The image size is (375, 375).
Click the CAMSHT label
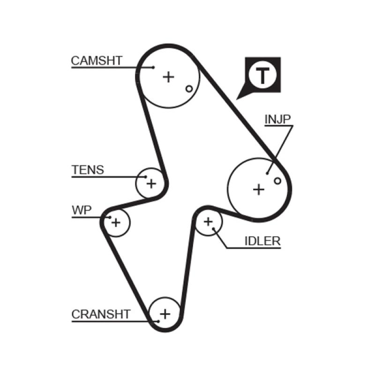[x=97, y=60]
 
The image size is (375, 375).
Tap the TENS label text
[x=88, y=170]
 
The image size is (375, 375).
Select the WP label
[x=82, y=210]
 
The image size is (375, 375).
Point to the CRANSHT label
[x=101, y=314]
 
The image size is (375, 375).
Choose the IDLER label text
[x=262, y=241]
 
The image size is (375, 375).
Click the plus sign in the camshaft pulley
[x=168, y=76]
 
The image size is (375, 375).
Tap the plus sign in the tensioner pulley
[x=151, y=183]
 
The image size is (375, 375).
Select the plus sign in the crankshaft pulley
[x=165, y=313]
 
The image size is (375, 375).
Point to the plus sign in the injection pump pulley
[x=258, y=189]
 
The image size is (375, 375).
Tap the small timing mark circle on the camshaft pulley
[x=189, y=89]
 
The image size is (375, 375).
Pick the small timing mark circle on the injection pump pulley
[x=277, y=180]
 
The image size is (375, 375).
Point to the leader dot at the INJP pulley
[x=268, y=173]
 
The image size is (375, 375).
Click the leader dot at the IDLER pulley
[x=214, y=229]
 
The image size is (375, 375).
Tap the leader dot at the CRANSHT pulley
[x=158, y=321]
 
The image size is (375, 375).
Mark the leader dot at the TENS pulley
[x=146, y=177]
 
